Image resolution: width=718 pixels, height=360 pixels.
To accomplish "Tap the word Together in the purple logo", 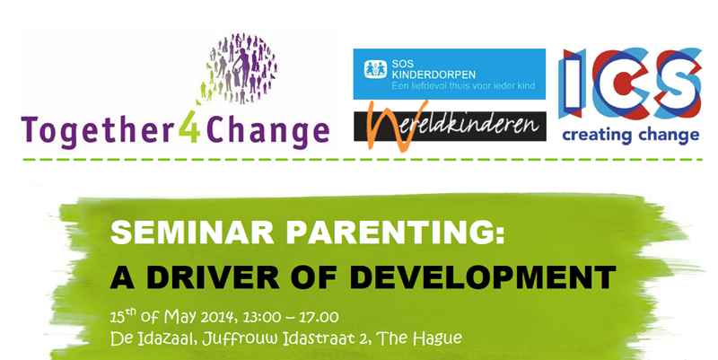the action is [99, 131].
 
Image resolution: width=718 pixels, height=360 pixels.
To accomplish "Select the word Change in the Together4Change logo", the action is [268, 131].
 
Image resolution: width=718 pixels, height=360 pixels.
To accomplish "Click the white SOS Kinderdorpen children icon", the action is [375, 69].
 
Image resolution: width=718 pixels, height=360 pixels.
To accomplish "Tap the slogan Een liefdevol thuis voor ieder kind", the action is [463, 85].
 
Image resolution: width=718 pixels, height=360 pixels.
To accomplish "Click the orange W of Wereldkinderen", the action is [390, 126].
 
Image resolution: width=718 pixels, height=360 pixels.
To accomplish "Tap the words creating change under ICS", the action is [631, 136].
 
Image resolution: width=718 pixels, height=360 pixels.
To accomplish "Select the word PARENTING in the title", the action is [395, 233].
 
